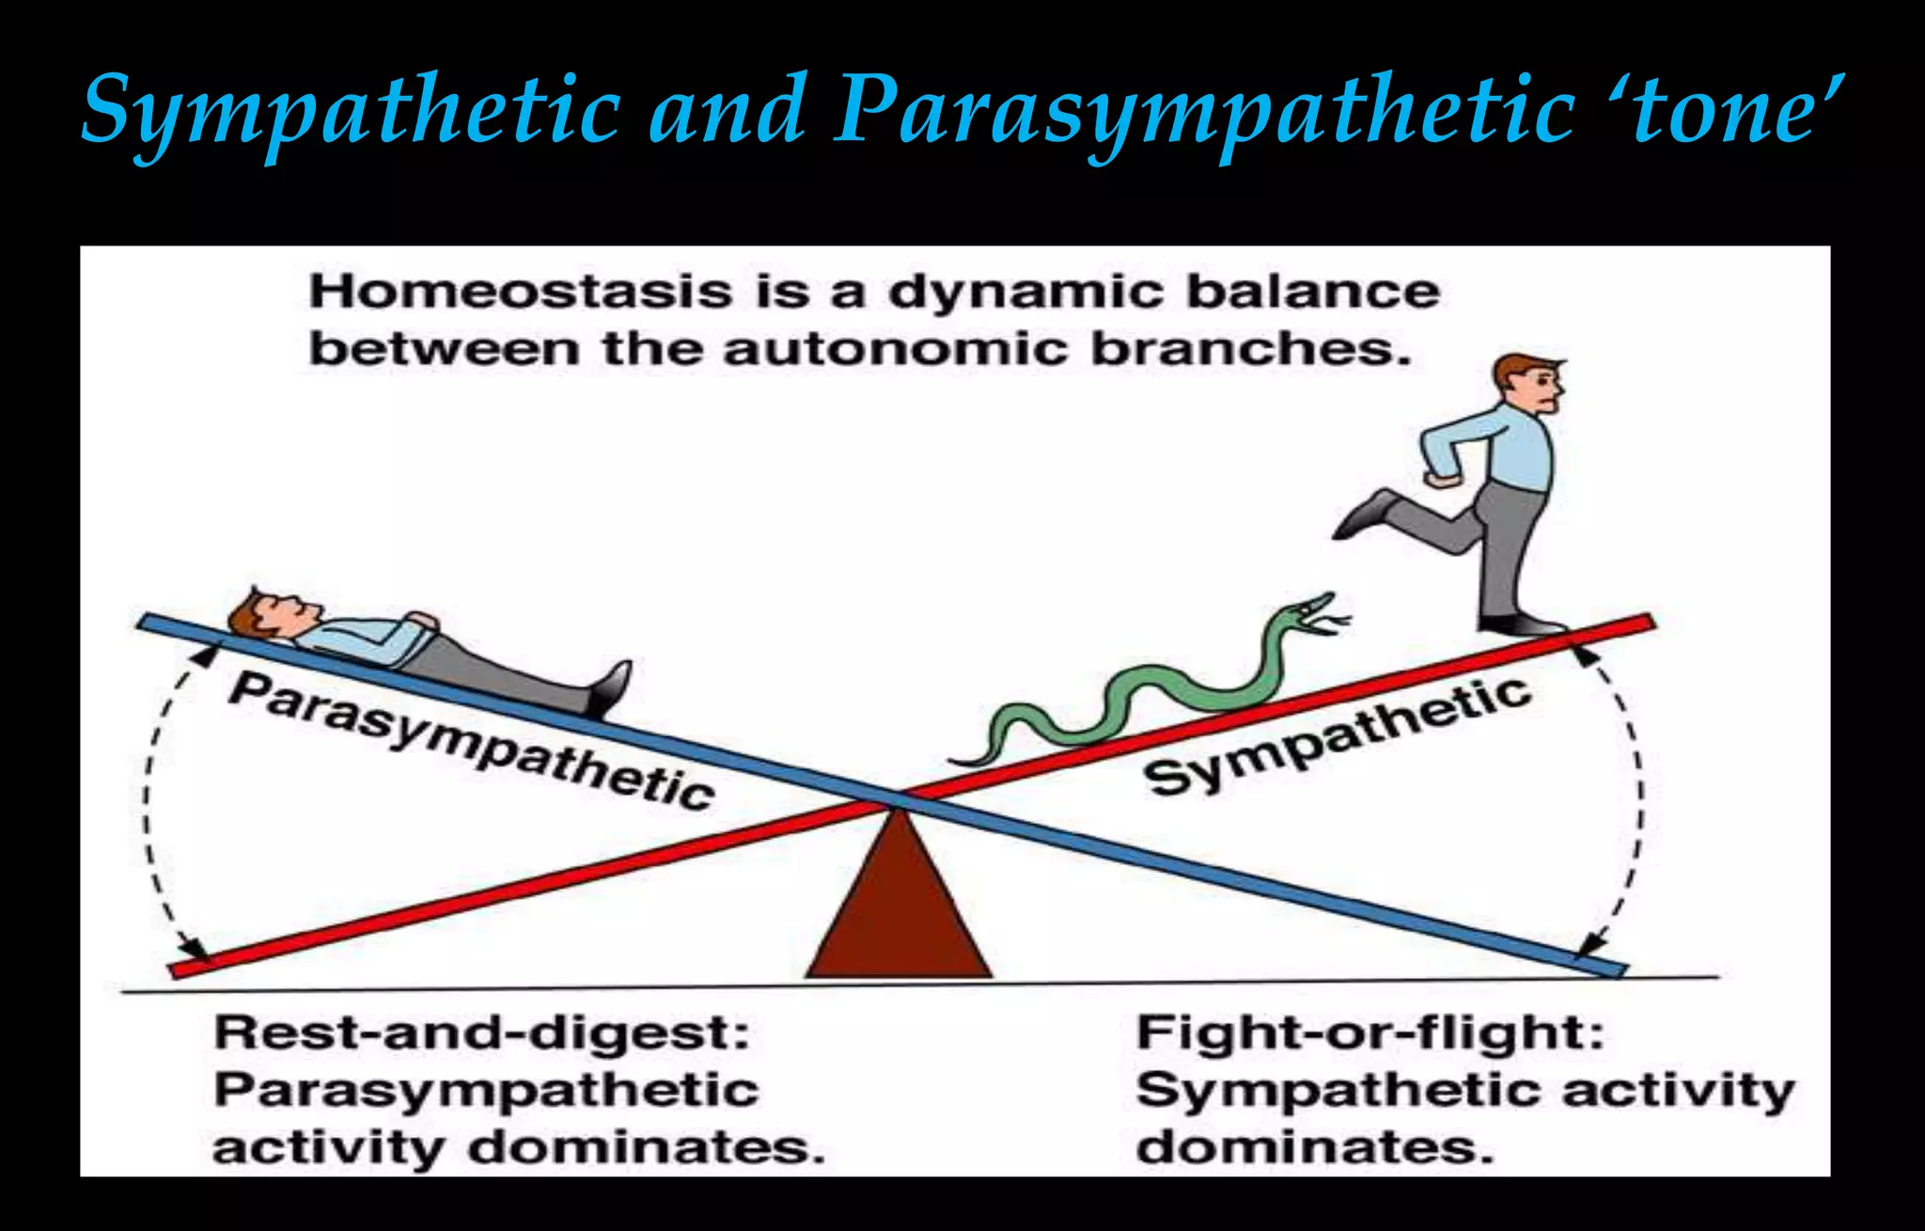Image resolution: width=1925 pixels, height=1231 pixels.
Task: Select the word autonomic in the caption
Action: (895, 350)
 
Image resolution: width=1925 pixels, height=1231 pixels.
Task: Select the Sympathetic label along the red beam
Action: (1335, 738)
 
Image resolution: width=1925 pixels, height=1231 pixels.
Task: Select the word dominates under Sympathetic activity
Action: (1314, 1148)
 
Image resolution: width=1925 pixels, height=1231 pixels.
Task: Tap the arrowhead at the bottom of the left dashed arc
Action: (195, 946)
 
